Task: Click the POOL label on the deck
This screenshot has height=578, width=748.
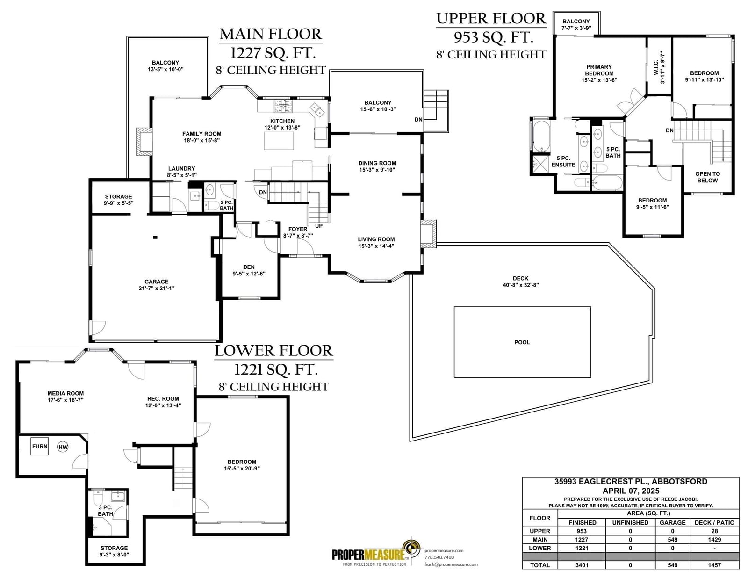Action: point(522,342)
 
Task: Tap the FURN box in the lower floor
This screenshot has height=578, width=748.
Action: point(40,446)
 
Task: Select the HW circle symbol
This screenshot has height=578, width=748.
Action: point(63,447)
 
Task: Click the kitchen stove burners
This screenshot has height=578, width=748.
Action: point(283,106)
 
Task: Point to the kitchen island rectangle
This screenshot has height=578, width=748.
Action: point(279,141)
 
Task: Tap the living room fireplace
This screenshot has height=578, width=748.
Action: point(428,233)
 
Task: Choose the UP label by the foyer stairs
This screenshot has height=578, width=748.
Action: point(319,226)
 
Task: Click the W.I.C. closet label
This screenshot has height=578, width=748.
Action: point(659,67)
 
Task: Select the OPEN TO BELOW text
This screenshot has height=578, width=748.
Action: point(707,177)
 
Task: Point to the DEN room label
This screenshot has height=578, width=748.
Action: point(249,267)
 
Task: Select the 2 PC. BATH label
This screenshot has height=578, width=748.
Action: point(226,205)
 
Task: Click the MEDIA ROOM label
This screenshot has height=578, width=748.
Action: point(65,393)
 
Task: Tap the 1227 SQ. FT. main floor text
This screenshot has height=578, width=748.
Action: point(273,53)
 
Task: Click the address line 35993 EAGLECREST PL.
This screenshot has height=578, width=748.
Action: point(631,481)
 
